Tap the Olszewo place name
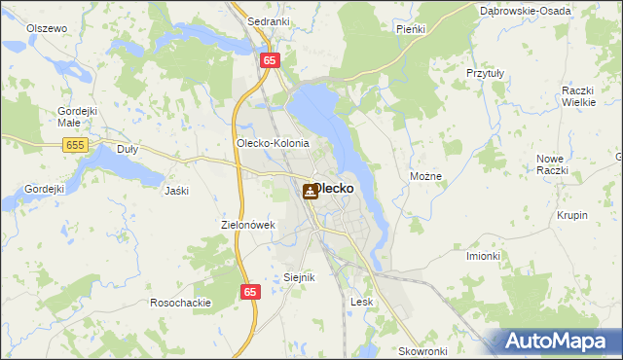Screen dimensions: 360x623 [47, 28]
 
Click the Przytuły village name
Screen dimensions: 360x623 [484, 72]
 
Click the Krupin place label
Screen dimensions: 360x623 [572, 215]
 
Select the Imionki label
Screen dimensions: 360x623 [483, 256]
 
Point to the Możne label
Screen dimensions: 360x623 [426, 177]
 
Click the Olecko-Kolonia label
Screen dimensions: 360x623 [273, 143]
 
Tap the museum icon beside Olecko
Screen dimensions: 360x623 [310, 192]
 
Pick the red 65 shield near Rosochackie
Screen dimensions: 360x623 [250, 291]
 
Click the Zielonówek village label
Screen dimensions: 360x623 [249, 225]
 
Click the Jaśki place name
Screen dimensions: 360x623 [176, 191]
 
